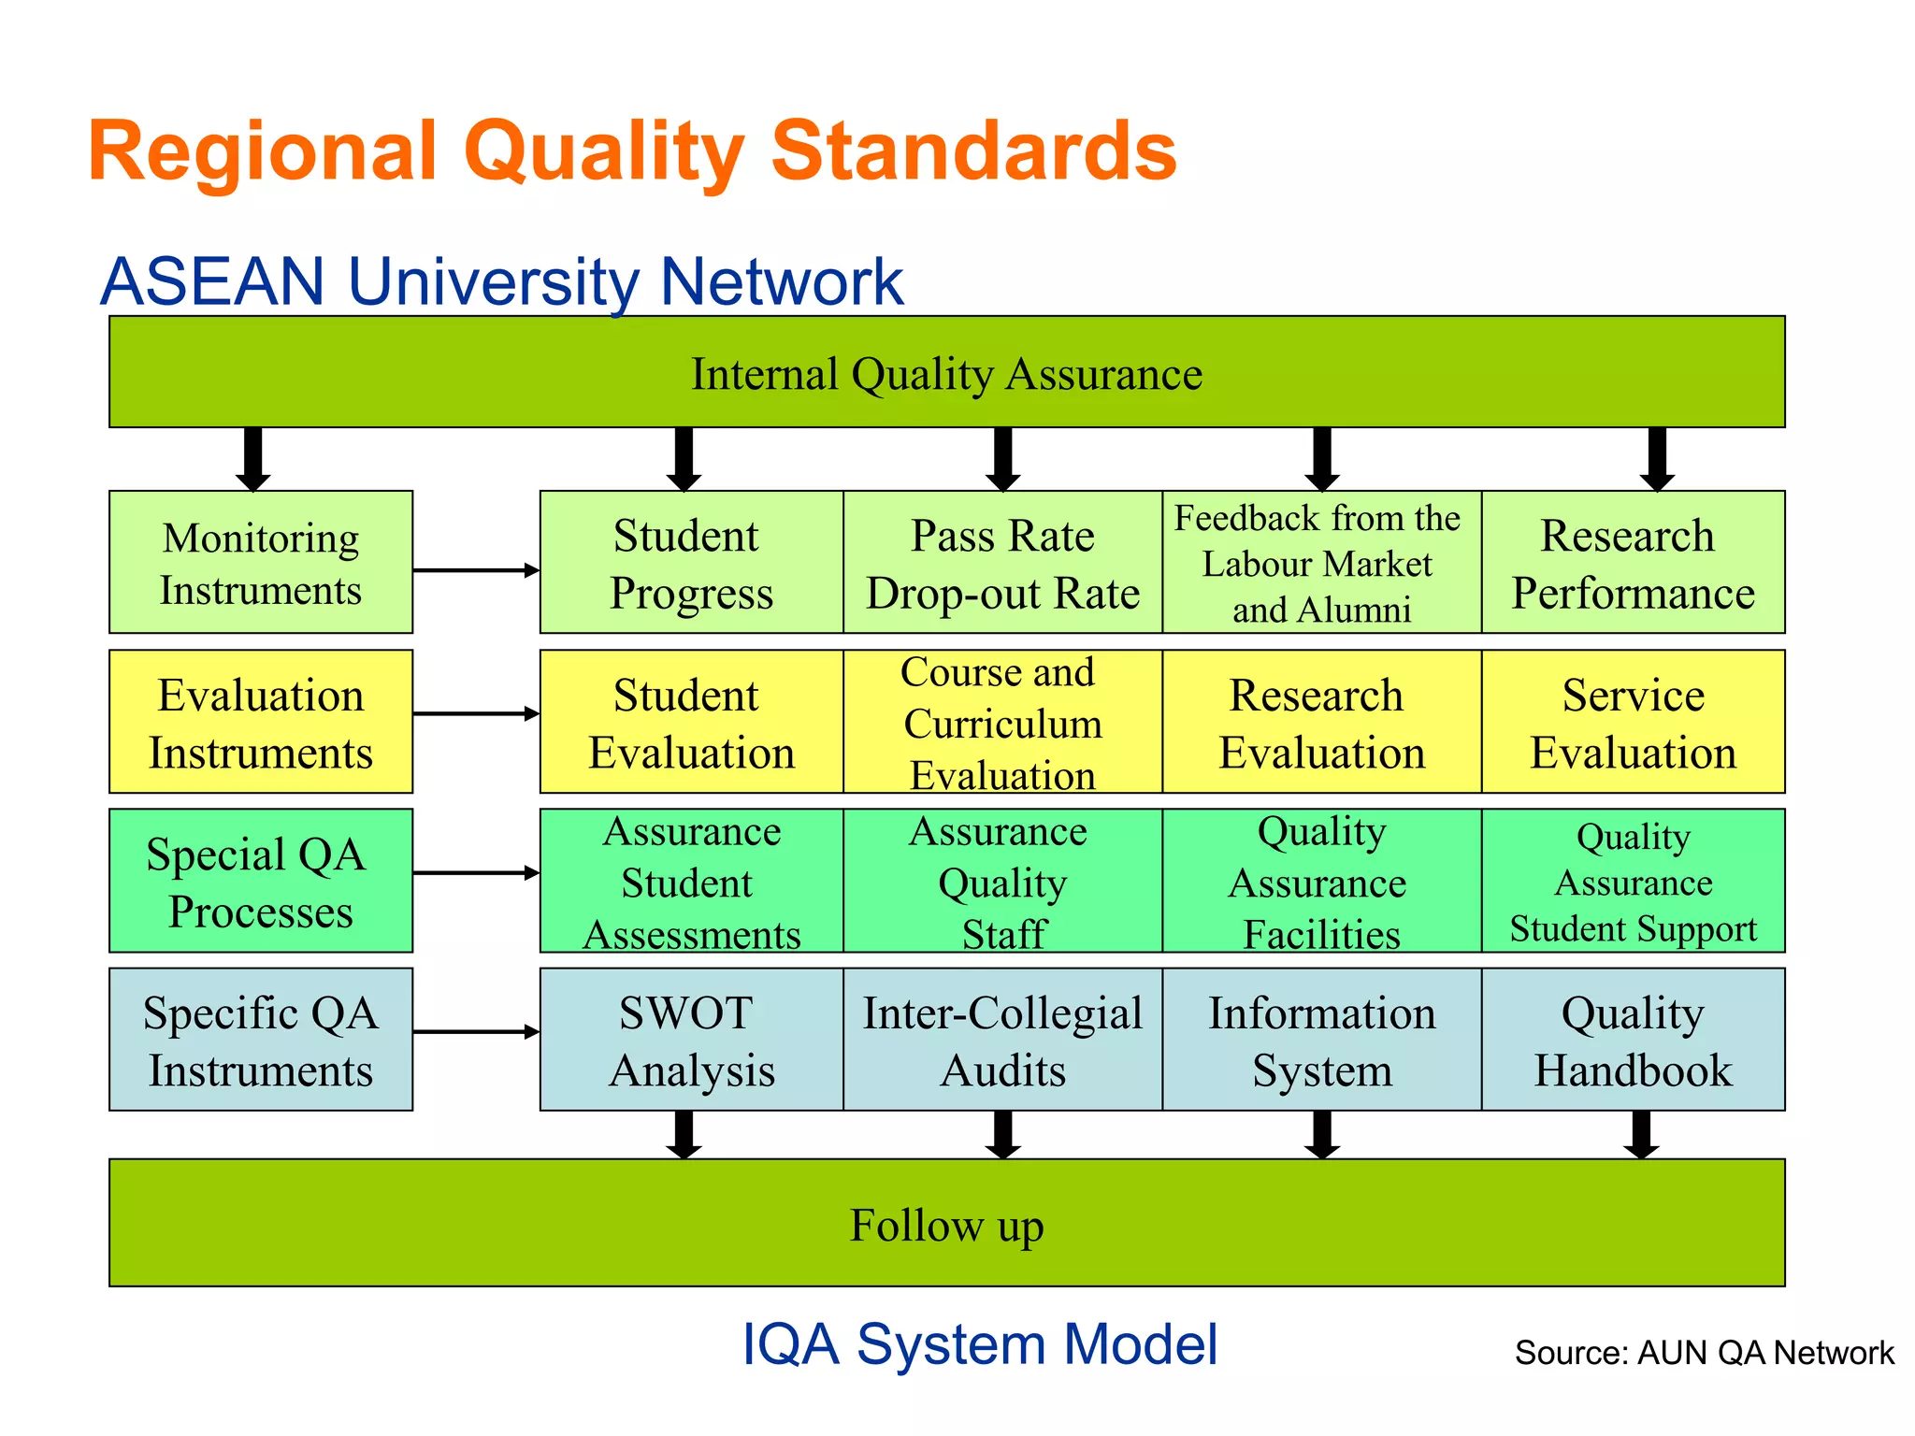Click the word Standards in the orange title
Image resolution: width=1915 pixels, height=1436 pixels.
[x=972, y=152]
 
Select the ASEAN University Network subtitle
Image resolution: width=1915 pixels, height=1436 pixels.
[x=502, y=281]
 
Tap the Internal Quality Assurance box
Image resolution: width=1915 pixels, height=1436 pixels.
[x=946, y=373]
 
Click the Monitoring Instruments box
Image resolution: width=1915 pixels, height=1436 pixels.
[x=261, y=563]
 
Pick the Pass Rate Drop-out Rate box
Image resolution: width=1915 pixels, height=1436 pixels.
[x=1002, y=563]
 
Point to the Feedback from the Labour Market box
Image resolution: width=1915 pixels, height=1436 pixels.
[x=1321, y=563]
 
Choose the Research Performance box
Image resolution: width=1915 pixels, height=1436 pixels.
[x=1633, y=563]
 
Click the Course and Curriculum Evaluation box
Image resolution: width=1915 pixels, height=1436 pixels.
[x=1002, y=723]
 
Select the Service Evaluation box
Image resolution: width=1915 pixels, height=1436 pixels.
[x=1633, y=723]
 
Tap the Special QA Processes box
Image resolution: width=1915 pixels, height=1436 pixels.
[x=261, y=882]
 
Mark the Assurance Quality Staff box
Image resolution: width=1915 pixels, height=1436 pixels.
[x=1002, y=882]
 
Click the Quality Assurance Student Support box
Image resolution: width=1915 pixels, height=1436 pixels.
[x=1633, y=882]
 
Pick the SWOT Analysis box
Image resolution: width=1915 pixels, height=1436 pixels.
[x=692, y=1040]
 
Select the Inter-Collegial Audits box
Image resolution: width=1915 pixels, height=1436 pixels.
[x=1002, y=1040]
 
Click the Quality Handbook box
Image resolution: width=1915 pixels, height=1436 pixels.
[x=1633, y=1040]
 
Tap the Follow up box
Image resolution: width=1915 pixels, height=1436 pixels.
[x=946, y=1224]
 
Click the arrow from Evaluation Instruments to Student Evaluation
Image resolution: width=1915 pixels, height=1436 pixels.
[x=475, y=714]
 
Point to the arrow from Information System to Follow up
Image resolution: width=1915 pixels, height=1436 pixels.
[x=1322, y=1135]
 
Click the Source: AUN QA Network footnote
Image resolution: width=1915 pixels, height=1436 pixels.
[x=1704, y=1353]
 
